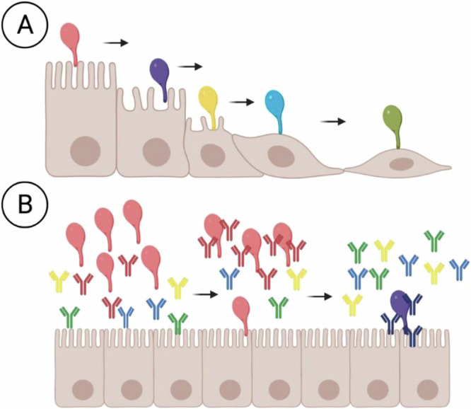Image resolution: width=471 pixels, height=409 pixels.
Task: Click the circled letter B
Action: (x=25, y=204)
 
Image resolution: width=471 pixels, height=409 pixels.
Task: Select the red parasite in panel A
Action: (x=71, y=42)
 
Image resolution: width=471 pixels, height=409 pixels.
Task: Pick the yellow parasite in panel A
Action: (x=209, y=105)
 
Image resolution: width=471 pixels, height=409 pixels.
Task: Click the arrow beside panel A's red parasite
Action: (x=116, y=43)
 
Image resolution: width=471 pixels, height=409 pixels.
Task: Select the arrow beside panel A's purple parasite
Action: (x=190, y=67)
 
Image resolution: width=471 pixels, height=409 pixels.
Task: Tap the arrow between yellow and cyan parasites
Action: (x=242, y=102)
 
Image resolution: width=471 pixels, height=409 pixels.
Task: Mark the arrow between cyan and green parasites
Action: (x=333, y=122)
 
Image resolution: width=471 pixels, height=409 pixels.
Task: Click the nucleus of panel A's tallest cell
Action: (x=86, y=151)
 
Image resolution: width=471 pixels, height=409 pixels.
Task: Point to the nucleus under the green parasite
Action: (x=402, y=164)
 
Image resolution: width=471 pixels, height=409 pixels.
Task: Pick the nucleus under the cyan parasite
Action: (x=281, y=156)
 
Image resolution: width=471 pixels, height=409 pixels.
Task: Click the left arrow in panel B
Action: (x=205, y=294)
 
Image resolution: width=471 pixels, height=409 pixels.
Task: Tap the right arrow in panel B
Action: (x=320, y=296)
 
